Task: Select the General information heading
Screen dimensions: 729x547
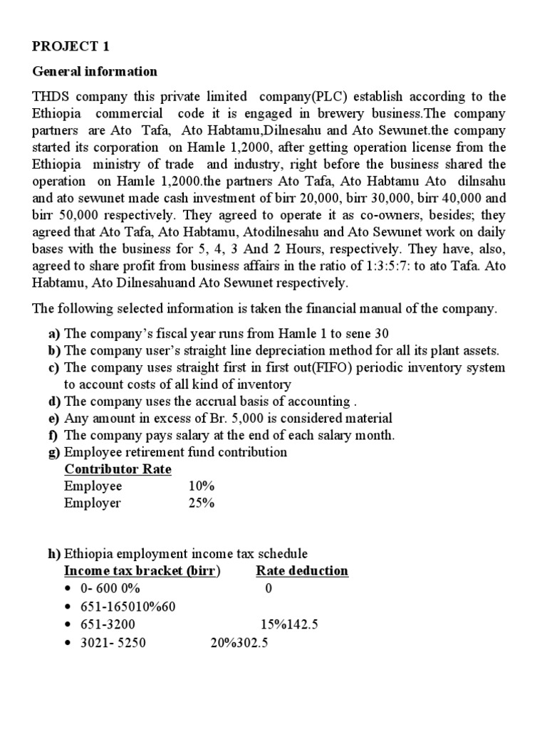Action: (x=95, y=72)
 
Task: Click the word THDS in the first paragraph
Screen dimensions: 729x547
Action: (x=52, y=96)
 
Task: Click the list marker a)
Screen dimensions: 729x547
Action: (x=54, y=334)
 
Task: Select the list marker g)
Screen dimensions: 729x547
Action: (x=54, y=453)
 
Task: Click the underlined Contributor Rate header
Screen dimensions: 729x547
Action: (x=118, y=470)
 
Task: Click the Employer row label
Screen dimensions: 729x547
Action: (x=93, y=504)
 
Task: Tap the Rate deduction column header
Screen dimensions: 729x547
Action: (x=302, y=571)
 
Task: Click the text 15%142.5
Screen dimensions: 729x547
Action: (x=289, y=624)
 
